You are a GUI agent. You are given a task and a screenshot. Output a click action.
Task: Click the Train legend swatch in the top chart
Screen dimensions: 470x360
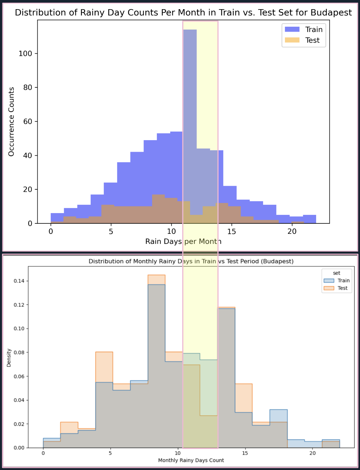[x=292, y=29]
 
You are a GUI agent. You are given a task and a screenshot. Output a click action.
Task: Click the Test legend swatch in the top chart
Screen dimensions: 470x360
[x=292, y=40]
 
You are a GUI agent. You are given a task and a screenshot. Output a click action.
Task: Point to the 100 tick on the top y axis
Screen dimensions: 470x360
[x=25, y=54]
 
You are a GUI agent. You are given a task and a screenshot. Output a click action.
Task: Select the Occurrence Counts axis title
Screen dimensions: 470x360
[x=11, y=122]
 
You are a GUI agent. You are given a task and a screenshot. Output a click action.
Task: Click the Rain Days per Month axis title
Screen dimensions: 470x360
[x=183, y=242]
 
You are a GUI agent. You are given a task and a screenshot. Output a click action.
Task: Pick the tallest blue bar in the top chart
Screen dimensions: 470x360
[x=190, y=89]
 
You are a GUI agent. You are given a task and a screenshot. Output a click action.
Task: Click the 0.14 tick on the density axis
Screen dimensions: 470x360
[x=19, y=281]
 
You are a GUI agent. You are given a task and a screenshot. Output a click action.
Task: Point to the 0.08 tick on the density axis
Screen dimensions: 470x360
[x=19, y=353]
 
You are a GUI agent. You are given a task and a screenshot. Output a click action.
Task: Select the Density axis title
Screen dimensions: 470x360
[x=9, y=358]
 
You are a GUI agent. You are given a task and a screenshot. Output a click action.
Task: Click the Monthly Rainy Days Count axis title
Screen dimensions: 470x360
[x=191, y=460]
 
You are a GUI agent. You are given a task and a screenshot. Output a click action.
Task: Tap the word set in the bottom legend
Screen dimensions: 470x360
[x=337, y=273]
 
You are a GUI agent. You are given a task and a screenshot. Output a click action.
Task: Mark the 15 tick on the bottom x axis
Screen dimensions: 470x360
[x=245, y=453]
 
